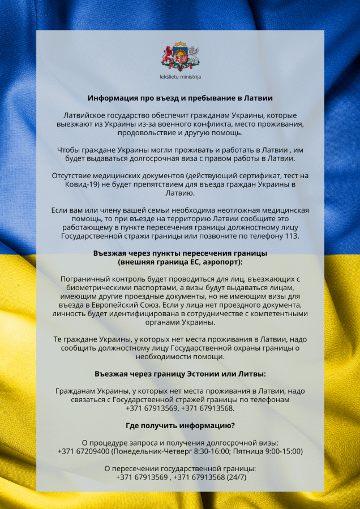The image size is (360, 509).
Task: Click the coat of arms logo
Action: pyautogui.click(x=180, y=57)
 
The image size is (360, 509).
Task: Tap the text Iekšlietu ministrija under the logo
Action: pyautogui.click(x=180, y=76)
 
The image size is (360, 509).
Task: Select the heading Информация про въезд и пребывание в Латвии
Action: pyautogui.click(x=180, y=97)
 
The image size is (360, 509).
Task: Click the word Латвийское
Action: pyautogui.click(x=84, y=115)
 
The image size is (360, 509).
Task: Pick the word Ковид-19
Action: pyautogui.click(x=78, y=184)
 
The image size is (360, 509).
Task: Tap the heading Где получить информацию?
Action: pyautogui.click(x=180, y=425)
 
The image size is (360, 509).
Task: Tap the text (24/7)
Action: pyautogui.click(x=236, y=477)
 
